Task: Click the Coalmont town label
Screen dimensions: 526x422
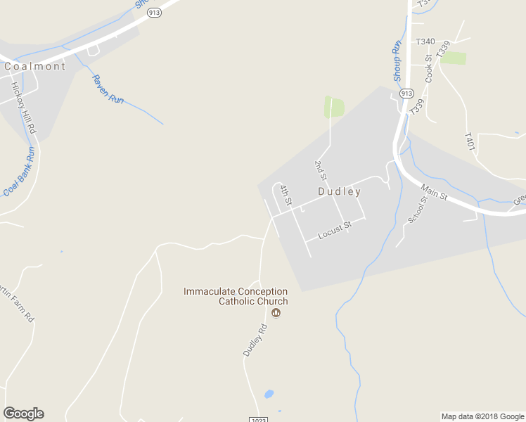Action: click(x=34, y=67)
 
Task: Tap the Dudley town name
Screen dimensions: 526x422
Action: click(x=340, y=191)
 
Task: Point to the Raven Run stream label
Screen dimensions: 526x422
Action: click(x=108, y=89)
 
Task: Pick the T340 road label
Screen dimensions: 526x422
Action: click(x=425, y=41)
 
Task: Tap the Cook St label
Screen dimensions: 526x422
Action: click(x=428, y=69)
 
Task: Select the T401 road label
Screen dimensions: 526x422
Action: click(x=470, y=141)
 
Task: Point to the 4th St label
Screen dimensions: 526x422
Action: click(x=285, y=195)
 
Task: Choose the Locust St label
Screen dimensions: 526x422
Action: click(x=334, y=231)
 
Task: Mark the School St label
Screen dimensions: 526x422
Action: click(x=418, y=210)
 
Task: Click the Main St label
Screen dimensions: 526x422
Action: click(x=434, y=192)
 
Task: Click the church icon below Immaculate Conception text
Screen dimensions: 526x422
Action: click(x=276, y=313)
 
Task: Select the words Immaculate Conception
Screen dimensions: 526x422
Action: click(x=236, y=291)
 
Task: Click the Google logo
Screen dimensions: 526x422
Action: click(x=23, y=414)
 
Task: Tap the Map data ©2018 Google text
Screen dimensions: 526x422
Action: click(x=482, y=416)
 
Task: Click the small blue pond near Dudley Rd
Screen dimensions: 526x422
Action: click(x=268, y=394)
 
